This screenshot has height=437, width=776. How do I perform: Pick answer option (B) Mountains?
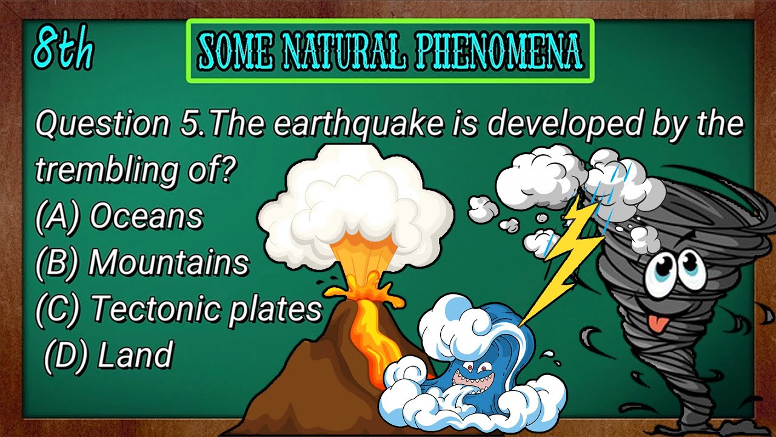(142, 263)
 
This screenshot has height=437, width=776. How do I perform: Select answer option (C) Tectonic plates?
(178, 309)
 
